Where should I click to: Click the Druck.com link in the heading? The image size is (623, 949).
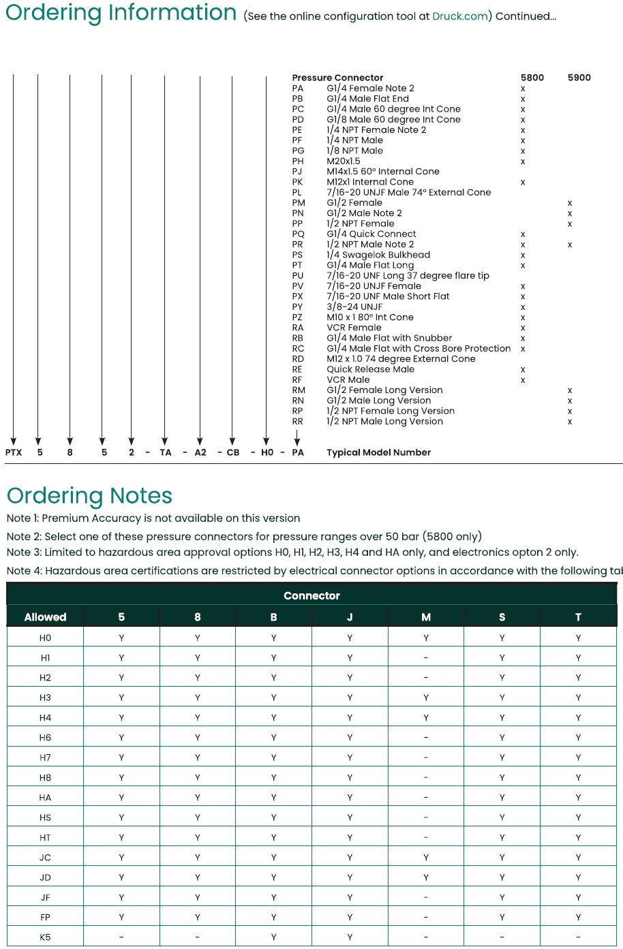[459, 16]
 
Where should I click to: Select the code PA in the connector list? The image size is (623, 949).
[298, 89]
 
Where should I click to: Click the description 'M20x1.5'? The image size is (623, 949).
[344, 161]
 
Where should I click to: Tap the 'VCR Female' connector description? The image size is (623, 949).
[354, 328]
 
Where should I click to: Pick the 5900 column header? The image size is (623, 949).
[579, 78]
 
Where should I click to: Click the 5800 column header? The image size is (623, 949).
[532, 78]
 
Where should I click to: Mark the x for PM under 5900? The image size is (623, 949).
[570, 203]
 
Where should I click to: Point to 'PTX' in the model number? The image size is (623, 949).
[14, 452]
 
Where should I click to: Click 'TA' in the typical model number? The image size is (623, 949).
[166, 452]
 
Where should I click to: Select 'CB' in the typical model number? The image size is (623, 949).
[233, 452]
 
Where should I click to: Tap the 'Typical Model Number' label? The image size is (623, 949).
[378, 452]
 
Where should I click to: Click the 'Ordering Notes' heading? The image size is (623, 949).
[89, 495]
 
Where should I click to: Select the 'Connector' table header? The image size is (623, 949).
[311, 595]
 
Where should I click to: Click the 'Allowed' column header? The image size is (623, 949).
[45, 617]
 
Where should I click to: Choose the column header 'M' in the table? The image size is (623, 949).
[426, 617]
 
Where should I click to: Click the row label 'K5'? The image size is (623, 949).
[45, 937]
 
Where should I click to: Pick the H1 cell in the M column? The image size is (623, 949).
[426, 658]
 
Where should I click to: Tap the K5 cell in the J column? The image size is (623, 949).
[350, 937]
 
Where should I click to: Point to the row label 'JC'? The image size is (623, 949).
[45, 858]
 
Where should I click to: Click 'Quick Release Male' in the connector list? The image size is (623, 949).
[370, 369]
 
